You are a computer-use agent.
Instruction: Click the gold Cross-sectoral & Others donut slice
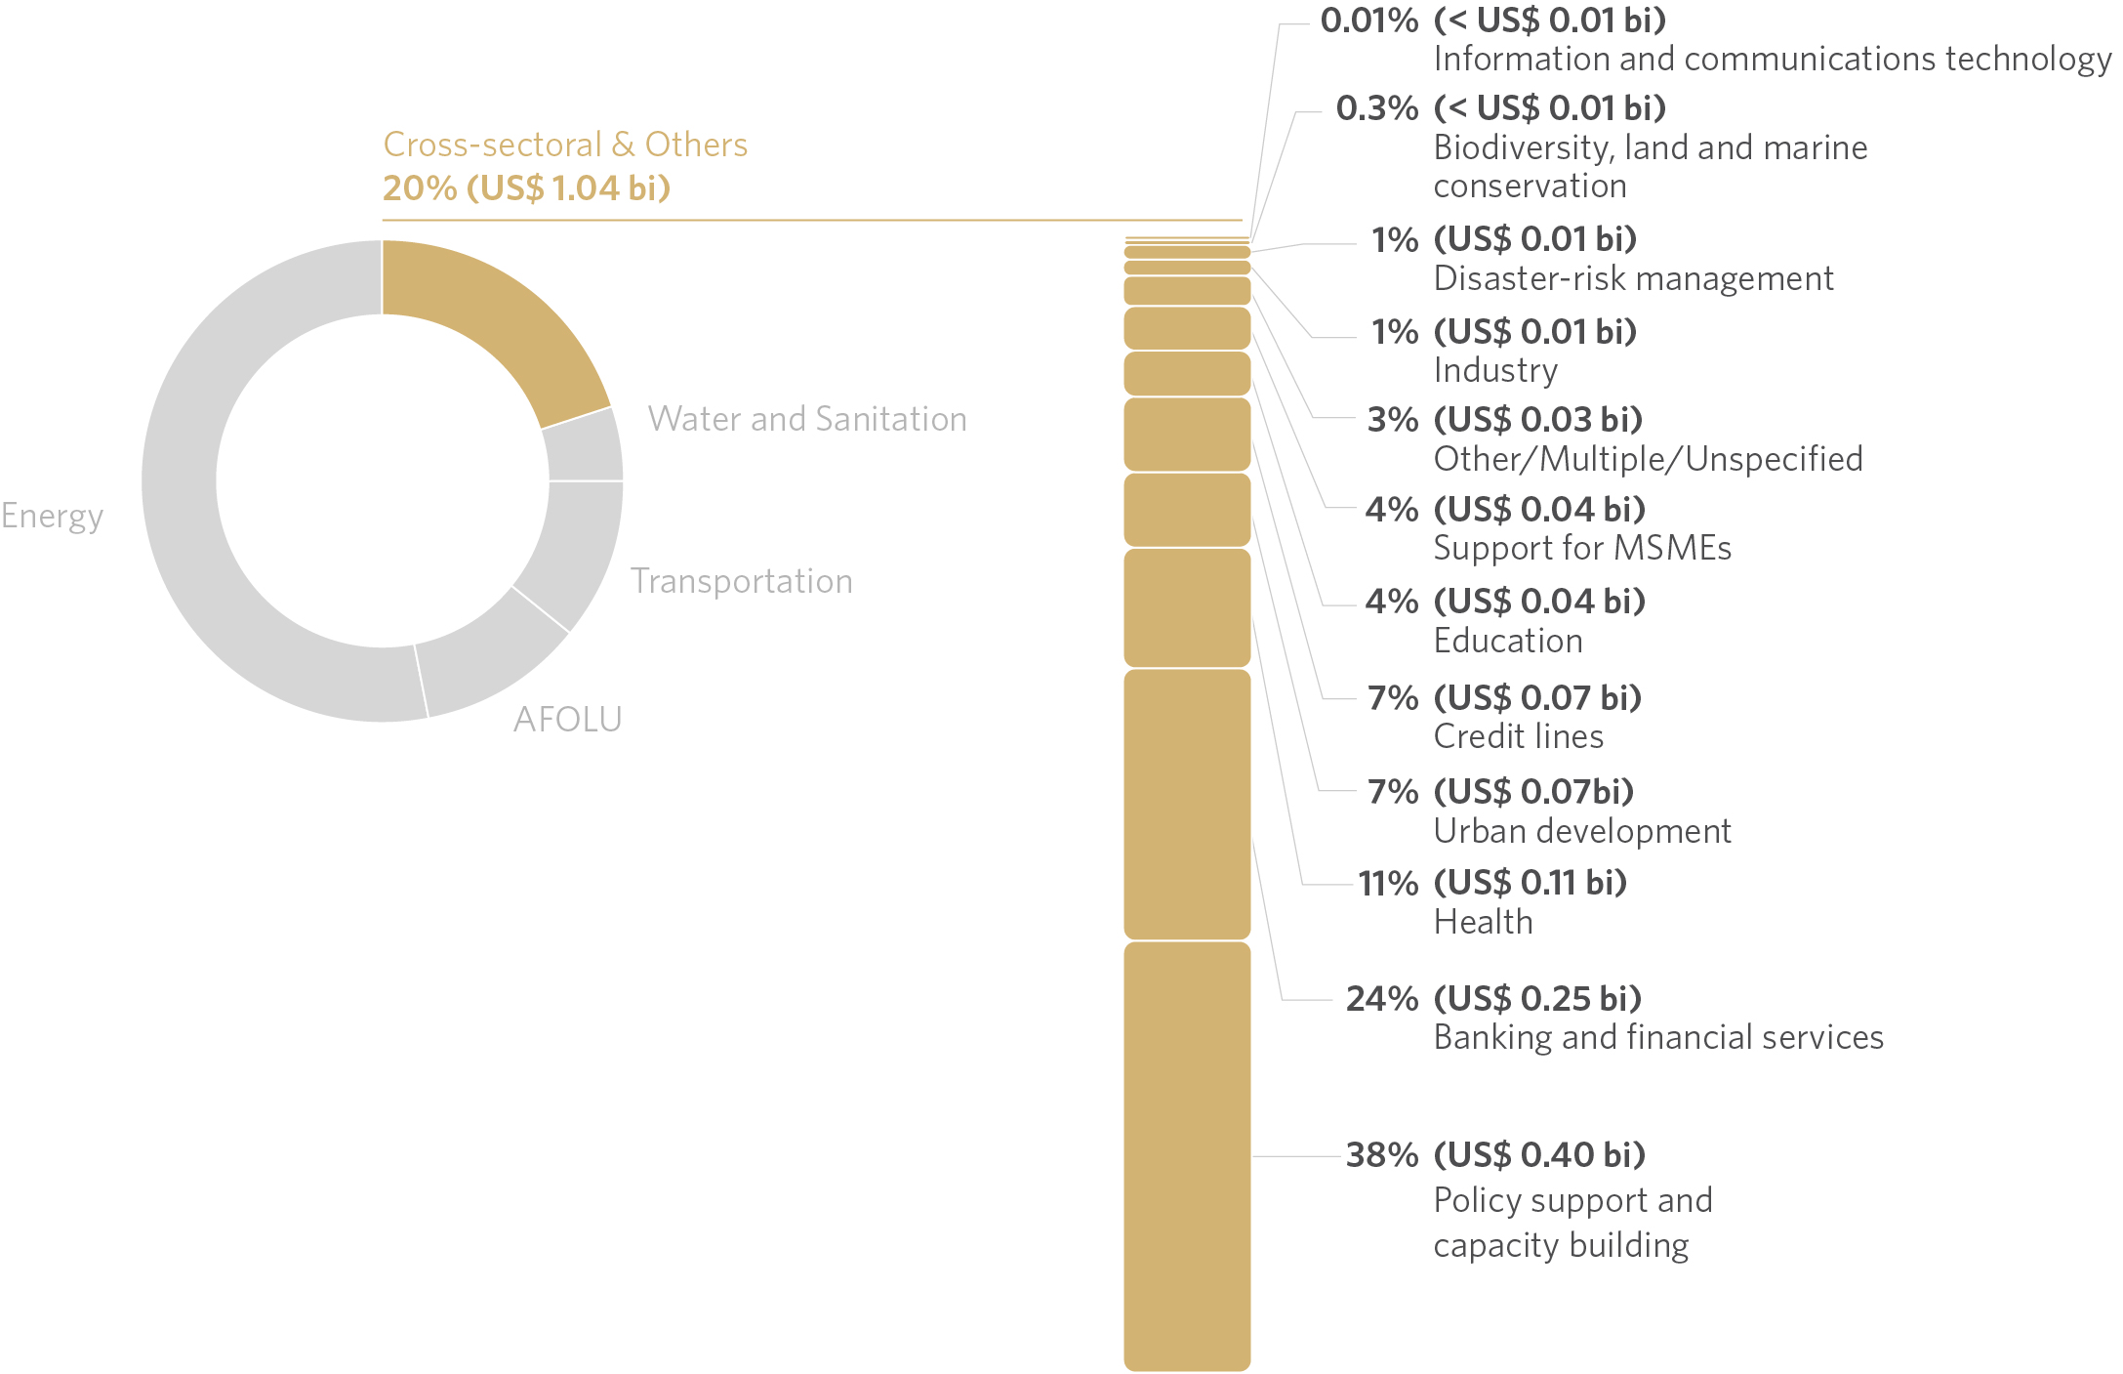tap(488, 322)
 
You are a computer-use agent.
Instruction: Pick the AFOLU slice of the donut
tap(488, 659)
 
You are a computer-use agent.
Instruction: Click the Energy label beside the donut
tap(52, 516)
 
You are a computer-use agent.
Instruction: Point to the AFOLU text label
tap(567, 720)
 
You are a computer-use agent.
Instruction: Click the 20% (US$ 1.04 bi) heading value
tap(526, 188)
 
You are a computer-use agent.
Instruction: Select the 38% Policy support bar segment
tap(1187, 1156)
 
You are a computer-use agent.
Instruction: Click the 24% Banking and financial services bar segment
tap(1187, 804)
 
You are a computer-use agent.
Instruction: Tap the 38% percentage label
tap(1381, 1155)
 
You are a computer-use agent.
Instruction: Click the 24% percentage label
tap(1381, 999)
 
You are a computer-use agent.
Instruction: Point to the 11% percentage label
tap(1387, 884)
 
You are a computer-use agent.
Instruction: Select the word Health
tap(1483, 922)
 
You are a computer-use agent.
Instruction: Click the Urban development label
tap(1581, 831)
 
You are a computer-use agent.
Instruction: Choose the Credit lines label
tap(1518, 736)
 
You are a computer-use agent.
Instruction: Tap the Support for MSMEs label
tap(1581, 548)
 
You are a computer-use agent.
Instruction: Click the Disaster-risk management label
tap(1633, 279)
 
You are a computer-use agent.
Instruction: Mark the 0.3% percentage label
tap(1376, 108)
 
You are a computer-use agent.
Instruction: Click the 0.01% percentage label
tap(1368, 21)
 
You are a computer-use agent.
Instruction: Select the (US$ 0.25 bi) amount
tap(1537, 999)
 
